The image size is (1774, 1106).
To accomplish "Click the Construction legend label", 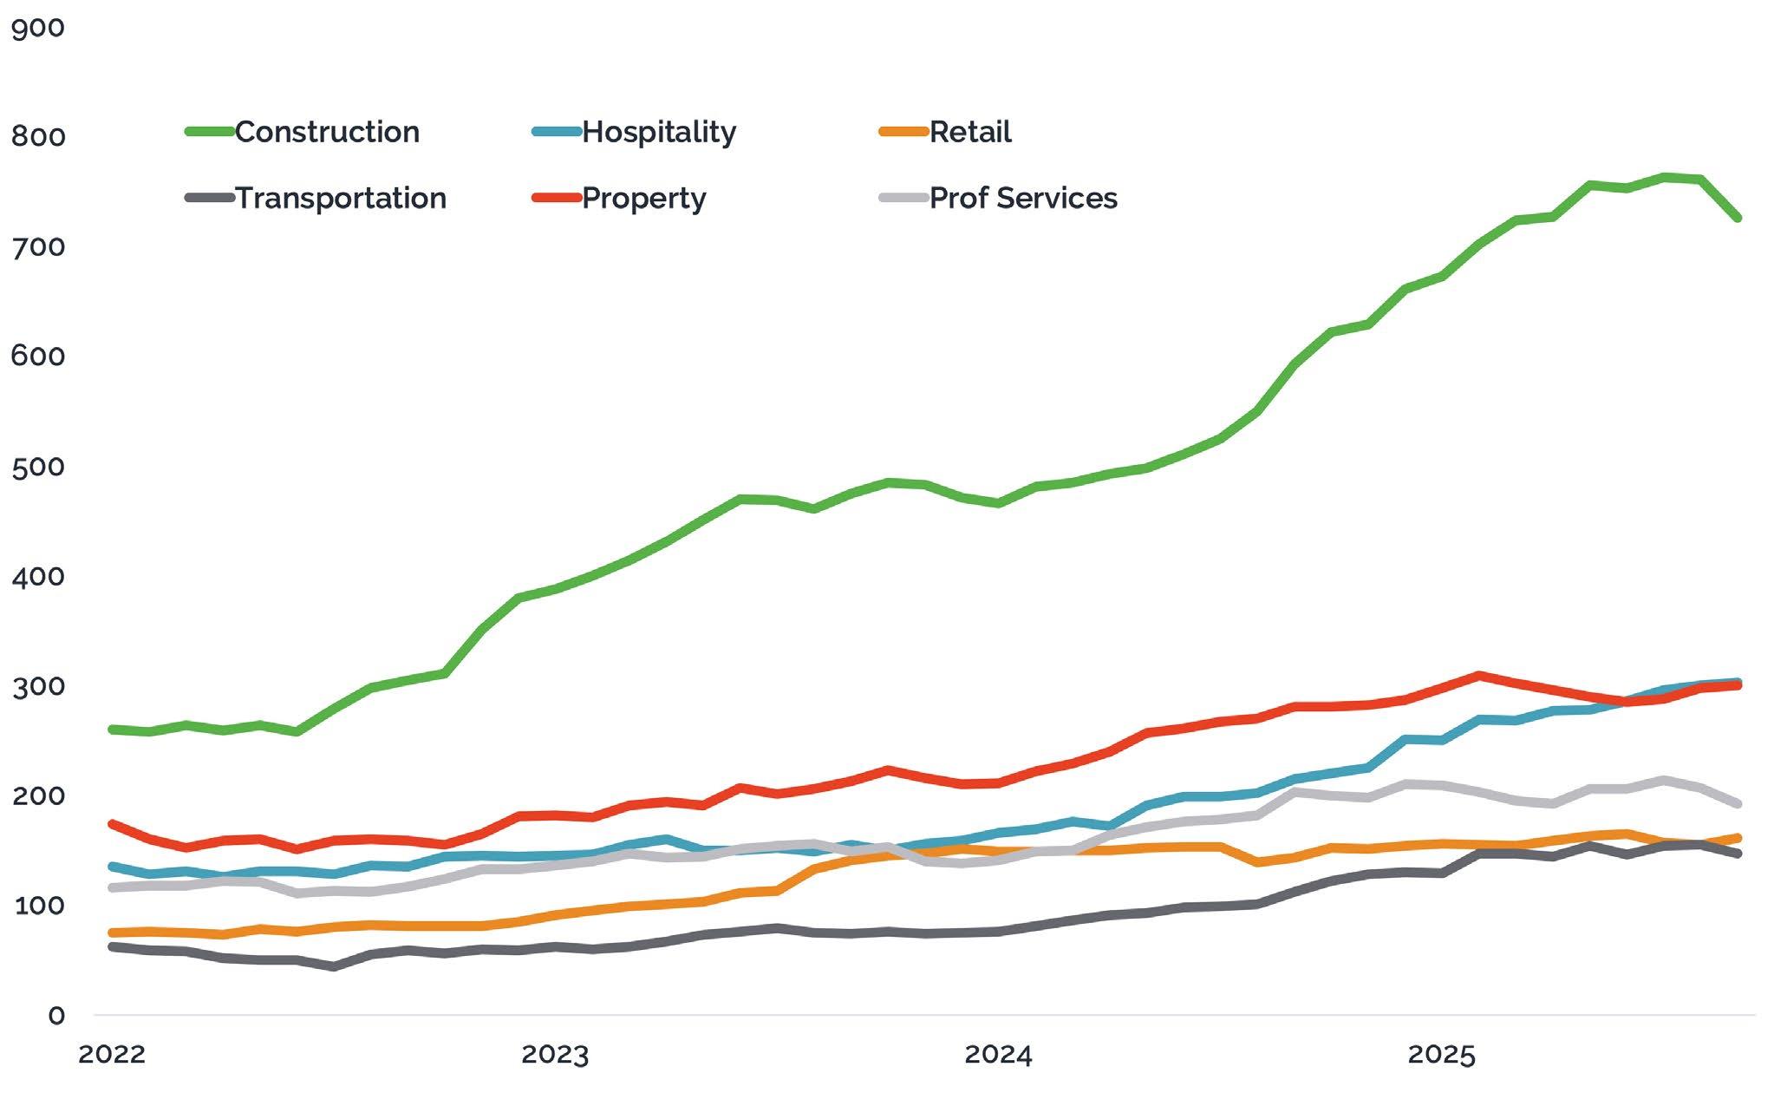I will (327, 132).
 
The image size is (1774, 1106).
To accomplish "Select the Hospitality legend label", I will (659, 132).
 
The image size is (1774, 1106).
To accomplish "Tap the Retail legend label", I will (970, 132).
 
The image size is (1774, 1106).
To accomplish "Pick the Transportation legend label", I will (341, 198).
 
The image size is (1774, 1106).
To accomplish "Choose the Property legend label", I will (644, 198).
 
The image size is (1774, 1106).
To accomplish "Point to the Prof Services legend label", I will (1023, 198).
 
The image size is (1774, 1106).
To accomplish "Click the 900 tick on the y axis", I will (38, 28).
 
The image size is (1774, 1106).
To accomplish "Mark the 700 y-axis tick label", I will (38, 247).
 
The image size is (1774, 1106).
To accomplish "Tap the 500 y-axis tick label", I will (38, 468).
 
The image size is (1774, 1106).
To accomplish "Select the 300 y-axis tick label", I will (38, 687).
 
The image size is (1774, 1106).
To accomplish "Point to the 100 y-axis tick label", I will (38, 906).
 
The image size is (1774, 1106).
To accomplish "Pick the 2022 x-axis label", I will (112, 1055).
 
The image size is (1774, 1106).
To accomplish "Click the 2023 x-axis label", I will (555, 1055).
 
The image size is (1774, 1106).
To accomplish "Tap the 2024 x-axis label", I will (999, 1055).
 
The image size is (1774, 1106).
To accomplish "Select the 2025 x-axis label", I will (1441, 1055).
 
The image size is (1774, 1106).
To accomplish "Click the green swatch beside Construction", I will (210, 132).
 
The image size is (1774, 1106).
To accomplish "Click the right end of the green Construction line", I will (1738, 218).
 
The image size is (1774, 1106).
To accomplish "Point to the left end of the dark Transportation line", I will (113, 946).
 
